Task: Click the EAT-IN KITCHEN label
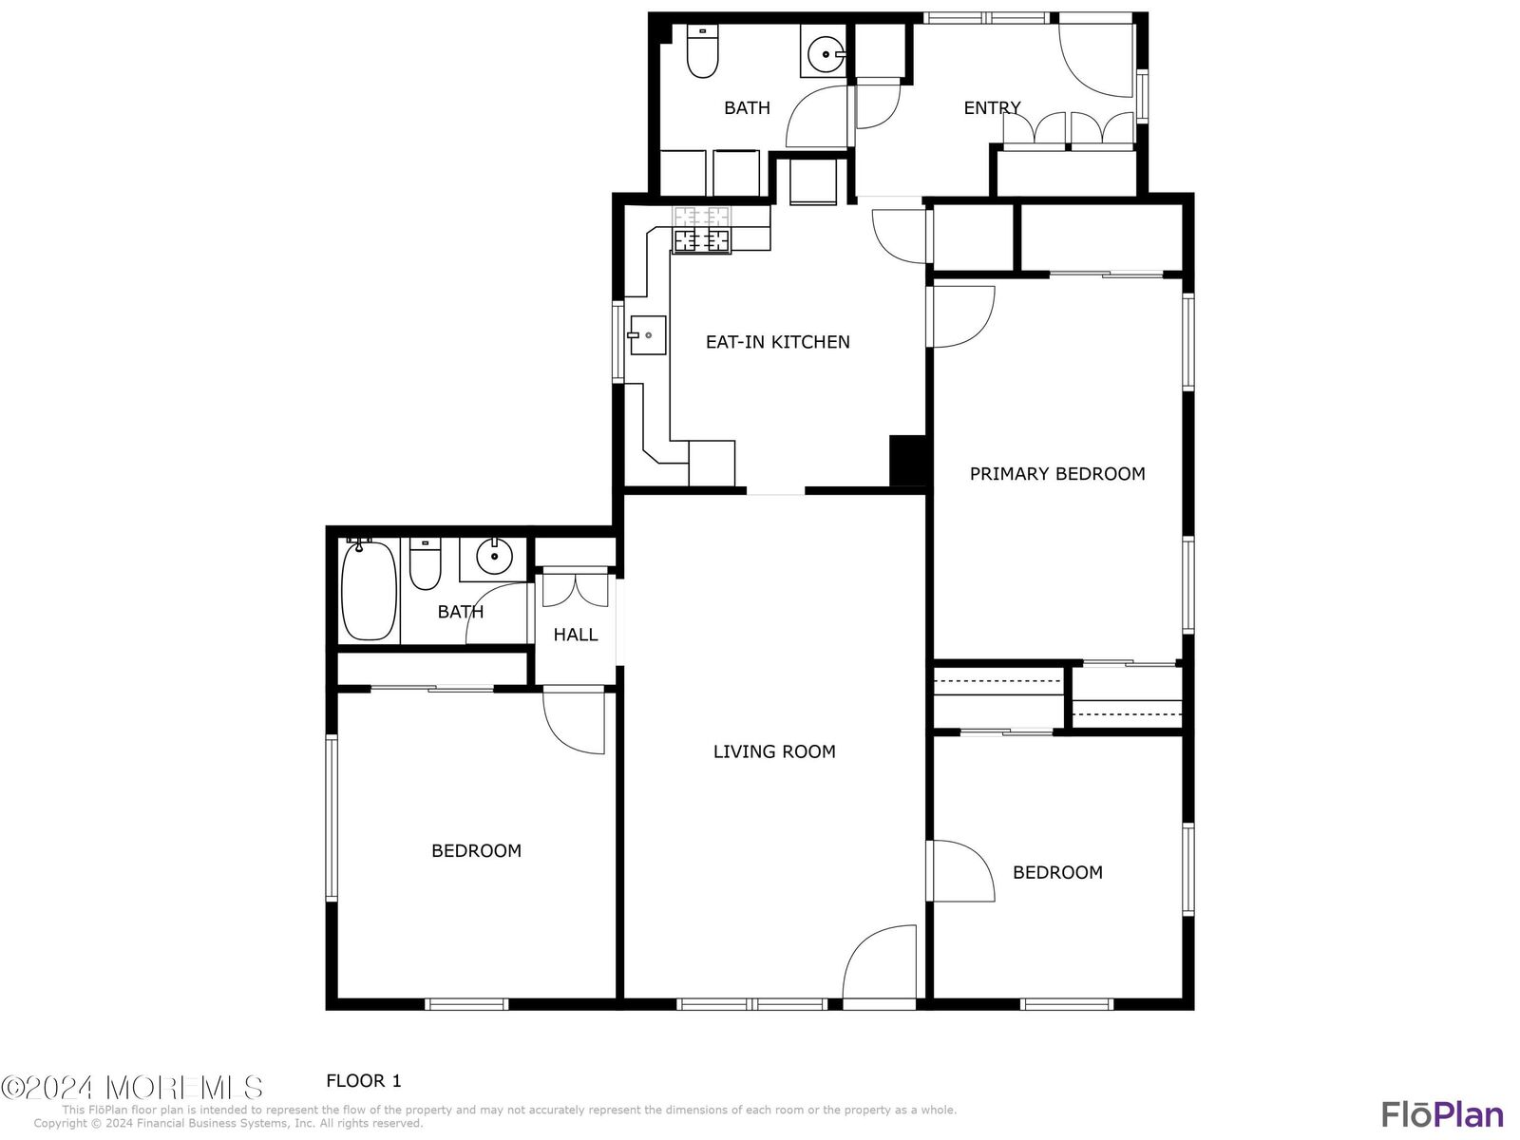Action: click(777, 342)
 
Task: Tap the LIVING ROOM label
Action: click(774, 751)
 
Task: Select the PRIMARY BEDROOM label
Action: click(1056, 473)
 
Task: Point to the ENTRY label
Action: click(992, 108)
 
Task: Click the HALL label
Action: click(576, 635)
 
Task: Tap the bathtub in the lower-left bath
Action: click(369, 589)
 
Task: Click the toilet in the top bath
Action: click(702, 52)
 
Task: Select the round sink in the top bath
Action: click(825, 54)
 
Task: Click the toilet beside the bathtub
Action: click(425, 564)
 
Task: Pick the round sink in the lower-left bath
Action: click(494, 556)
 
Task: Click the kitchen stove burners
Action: click(702, 231)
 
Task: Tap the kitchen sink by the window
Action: click(647, 335)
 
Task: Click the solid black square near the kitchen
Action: click(908, 461)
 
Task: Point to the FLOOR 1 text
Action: click(364, 1080)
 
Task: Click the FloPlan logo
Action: click(1442, 1113)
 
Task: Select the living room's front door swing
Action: click(881, 961)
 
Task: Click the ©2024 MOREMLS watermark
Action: click(132, 1087)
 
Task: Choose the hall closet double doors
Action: click(575, 588)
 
